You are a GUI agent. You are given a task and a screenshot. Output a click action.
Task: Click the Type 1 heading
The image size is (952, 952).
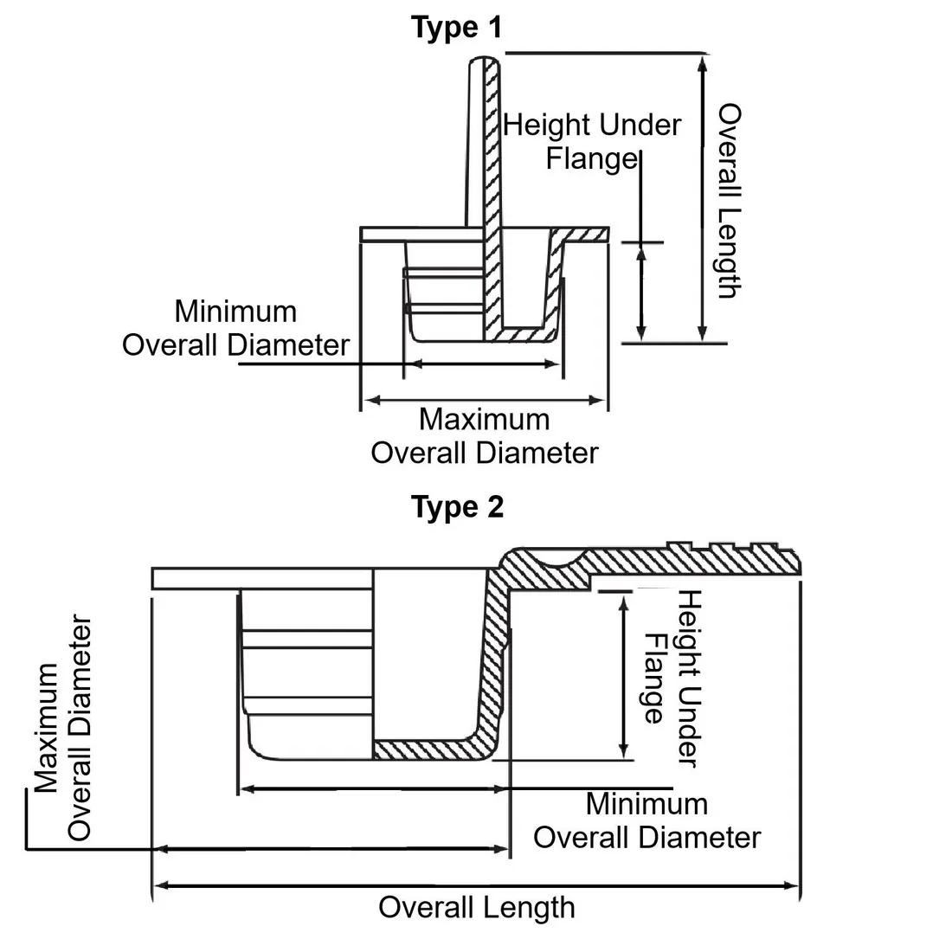456,28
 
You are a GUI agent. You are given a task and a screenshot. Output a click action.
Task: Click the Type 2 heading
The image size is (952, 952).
456,506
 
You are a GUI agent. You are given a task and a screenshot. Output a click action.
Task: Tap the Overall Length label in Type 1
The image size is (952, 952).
730,201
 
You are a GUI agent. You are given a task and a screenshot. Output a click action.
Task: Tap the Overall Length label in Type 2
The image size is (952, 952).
477,908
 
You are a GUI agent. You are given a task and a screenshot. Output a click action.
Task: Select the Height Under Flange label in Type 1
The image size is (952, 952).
592,141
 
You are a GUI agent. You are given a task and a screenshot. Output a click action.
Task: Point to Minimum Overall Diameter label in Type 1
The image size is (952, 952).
235,328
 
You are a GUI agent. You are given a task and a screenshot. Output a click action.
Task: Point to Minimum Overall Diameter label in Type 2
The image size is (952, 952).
646,820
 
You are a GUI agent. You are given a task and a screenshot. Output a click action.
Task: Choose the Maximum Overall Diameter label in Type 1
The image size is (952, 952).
484,436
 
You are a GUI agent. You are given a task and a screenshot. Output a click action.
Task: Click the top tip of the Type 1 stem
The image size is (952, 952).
484,60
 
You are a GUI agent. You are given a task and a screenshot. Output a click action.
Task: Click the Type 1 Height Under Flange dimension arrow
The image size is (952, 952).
640,292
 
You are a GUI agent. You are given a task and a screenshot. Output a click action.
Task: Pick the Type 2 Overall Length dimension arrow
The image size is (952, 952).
476,885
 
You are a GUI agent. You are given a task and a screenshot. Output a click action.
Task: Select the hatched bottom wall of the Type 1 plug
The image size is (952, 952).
524,334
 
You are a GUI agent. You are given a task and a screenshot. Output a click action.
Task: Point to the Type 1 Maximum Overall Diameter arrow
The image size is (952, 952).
484,400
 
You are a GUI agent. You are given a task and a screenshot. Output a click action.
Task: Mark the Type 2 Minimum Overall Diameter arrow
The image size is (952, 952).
372,789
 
